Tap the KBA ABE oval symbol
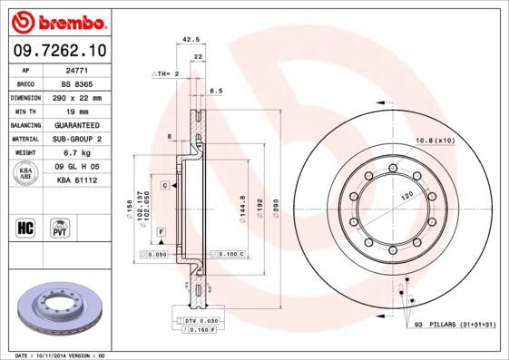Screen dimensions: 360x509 [27, 174]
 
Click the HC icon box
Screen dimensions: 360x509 [27, 226]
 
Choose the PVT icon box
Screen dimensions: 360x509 [61, 226]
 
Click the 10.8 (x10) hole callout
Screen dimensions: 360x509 [434, 140]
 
